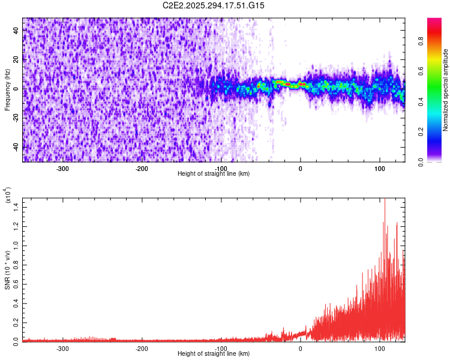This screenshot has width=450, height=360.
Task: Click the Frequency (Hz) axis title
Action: pos(8,89)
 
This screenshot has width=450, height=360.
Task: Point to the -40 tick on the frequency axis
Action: pos(16,148)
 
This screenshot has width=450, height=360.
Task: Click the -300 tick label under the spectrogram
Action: pos(62,169)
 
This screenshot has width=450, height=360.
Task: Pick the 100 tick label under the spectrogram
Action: pos(380,169)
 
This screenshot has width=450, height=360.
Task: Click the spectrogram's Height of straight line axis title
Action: pos(214,173)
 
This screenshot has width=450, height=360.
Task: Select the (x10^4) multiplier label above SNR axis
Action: pos(8,196)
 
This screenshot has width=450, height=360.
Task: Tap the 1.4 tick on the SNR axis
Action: pos(16,206)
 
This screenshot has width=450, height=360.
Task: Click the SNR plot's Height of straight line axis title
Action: pos(214,353)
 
